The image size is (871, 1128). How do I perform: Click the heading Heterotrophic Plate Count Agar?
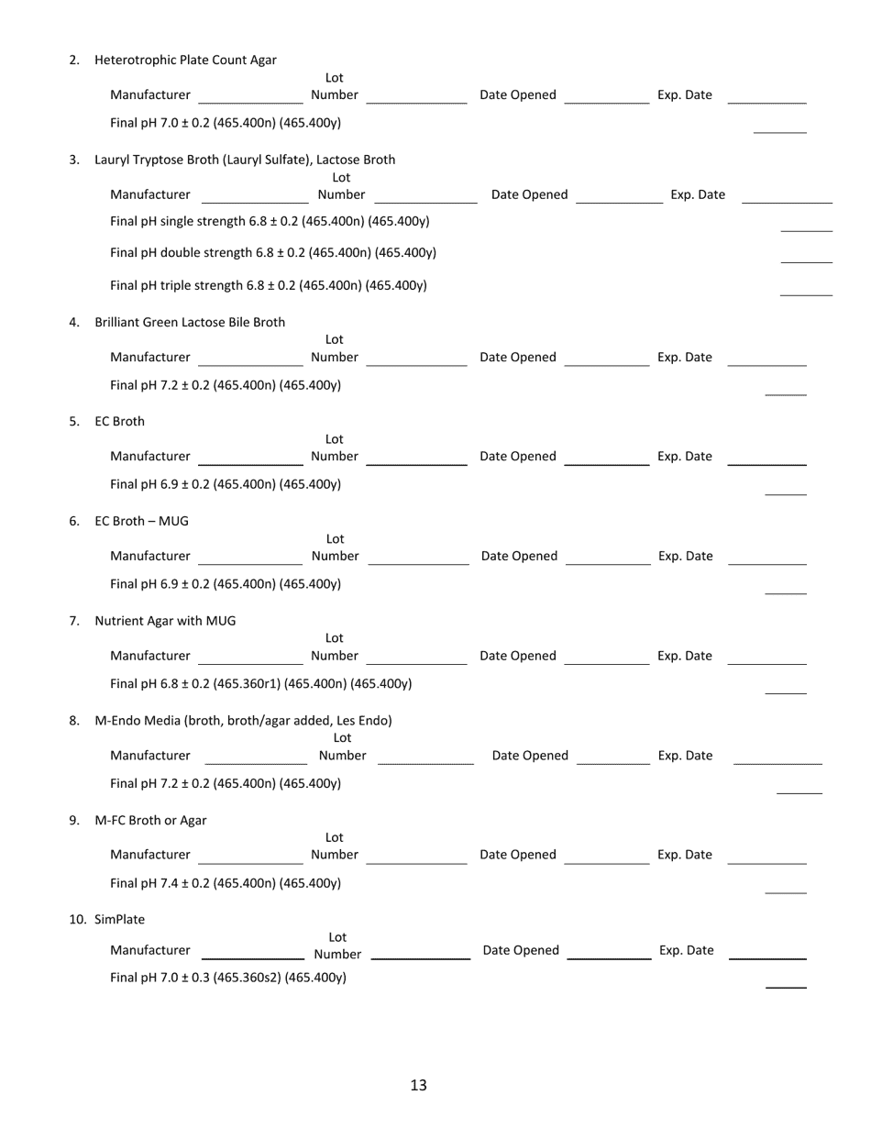click(185, 61)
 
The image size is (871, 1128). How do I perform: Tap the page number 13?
click(418, 1086)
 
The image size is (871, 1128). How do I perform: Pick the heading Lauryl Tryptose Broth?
click(245, 160)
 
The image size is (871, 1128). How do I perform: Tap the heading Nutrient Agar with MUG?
click(165, 621)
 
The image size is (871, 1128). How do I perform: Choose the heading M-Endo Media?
click(243, 721)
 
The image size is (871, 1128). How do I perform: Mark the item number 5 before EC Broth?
click(74, 422)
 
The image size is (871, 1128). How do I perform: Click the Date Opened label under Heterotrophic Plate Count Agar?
click(517, 95)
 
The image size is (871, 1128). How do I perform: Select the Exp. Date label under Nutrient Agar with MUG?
click(684, 656)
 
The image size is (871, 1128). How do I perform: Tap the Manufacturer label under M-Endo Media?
click(150, 756)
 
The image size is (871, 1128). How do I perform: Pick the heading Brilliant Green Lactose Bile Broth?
click(190, 322)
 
